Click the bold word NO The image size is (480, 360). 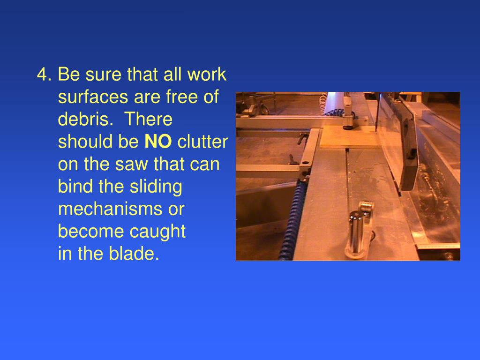pos(158,142)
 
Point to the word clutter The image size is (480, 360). pos(202,142)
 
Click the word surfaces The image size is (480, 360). pos(93,97)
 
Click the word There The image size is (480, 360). pos(148,120)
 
